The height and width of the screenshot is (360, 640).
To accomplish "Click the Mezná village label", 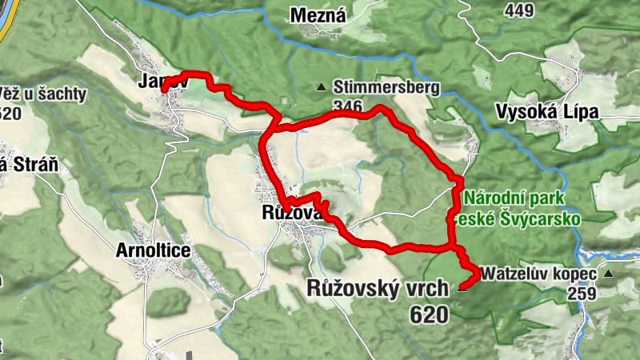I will pos(318,15).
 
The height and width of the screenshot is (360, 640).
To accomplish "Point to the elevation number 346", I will pos(348,106).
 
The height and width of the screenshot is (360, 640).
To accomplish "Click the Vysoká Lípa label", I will pos(547,112).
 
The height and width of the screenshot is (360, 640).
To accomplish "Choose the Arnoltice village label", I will pos(153,250).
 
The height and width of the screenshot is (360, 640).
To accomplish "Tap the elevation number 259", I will pos(582,294).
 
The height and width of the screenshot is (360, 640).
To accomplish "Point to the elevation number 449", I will pos(520,10).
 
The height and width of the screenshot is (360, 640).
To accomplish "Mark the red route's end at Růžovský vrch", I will pos(462,286).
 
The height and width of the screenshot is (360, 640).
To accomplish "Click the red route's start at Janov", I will pos(165,90).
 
